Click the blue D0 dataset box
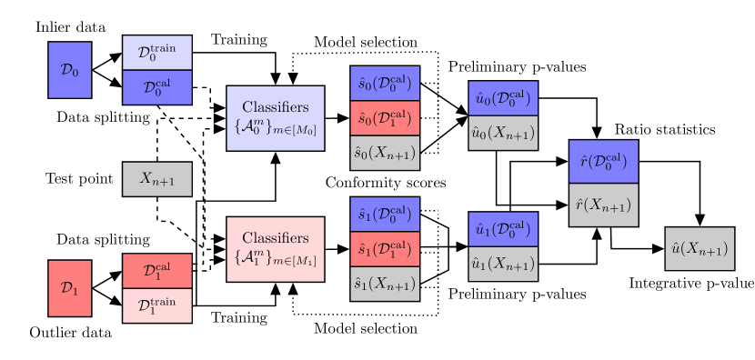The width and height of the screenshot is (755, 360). [x=69, y=70]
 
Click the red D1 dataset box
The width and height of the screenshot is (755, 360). [x=69, y=288]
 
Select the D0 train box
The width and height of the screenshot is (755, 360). [x=157, y=53]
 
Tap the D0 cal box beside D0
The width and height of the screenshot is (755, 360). [x=157, y=87]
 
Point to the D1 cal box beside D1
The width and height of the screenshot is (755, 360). [x=157, y=271]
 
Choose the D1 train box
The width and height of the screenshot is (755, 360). [x=157, y=305]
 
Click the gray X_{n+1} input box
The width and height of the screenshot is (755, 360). [x=157, y=179]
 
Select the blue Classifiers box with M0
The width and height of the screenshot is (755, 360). [x=276, y=118]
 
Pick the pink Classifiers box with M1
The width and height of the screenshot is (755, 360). [x=276, y=249]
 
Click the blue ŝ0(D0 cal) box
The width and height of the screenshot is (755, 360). [x=385, y=84]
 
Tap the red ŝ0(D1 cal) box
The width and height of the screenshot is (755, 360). [x=385, y=118]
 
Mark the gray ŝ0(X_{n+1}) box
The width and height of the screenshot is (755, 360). [x=385, y=153]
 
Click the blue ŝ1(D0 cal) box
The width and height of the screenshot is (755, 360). [x=385, y=215]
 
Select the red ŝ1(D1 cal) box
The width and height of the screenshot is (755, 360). [x=385, y=249]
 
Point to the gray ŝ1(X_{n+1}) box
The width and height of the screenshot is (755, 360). [x=385, y=284]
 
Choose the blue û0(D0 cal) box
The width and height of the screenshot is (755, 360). [x=503, y=98]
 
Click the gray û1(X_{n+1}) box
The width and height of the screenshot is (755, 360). [x=503, y=264]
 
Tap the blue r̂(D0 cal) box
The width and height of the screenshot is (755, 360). [x=604, y=162]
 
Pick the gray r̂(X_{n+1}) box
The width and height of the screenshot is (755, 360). [x=604, y=205]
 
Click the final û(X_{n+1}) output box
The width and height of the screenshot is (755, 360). [x=700, y=248]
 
